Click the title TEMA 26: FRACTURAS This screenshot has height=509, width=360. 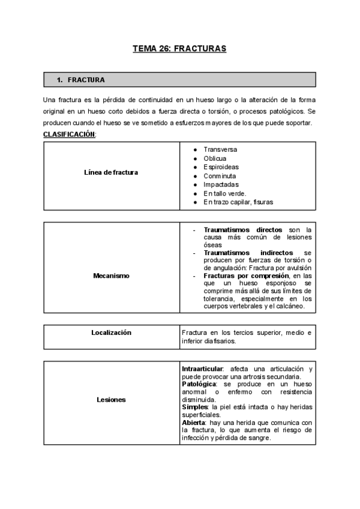point(179,49)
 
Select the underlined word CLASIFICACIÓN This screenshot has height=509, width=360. point(69,134)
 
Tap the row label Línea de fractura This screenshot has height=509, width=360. point(112,173)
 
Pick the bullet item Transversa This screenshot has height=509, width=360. point(220,148)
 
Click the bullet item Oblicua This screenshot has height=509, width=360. point(215,158)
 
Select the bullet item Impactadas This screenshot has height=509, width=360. point(221,185)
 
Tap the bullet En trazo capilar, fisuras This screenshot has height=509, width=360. point(238,203)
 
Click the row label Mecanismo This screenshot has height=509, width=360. point(112,276)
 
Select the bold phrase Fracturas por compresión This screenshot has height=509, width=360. point(248,276)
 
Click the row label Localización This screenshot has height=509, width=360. point(112,333)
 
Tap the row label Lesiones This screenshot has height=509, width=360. point(112,399)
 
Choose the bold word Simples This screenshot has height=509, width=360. point(194,406)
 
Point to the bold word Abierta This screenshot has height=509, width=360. point(194,422)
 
